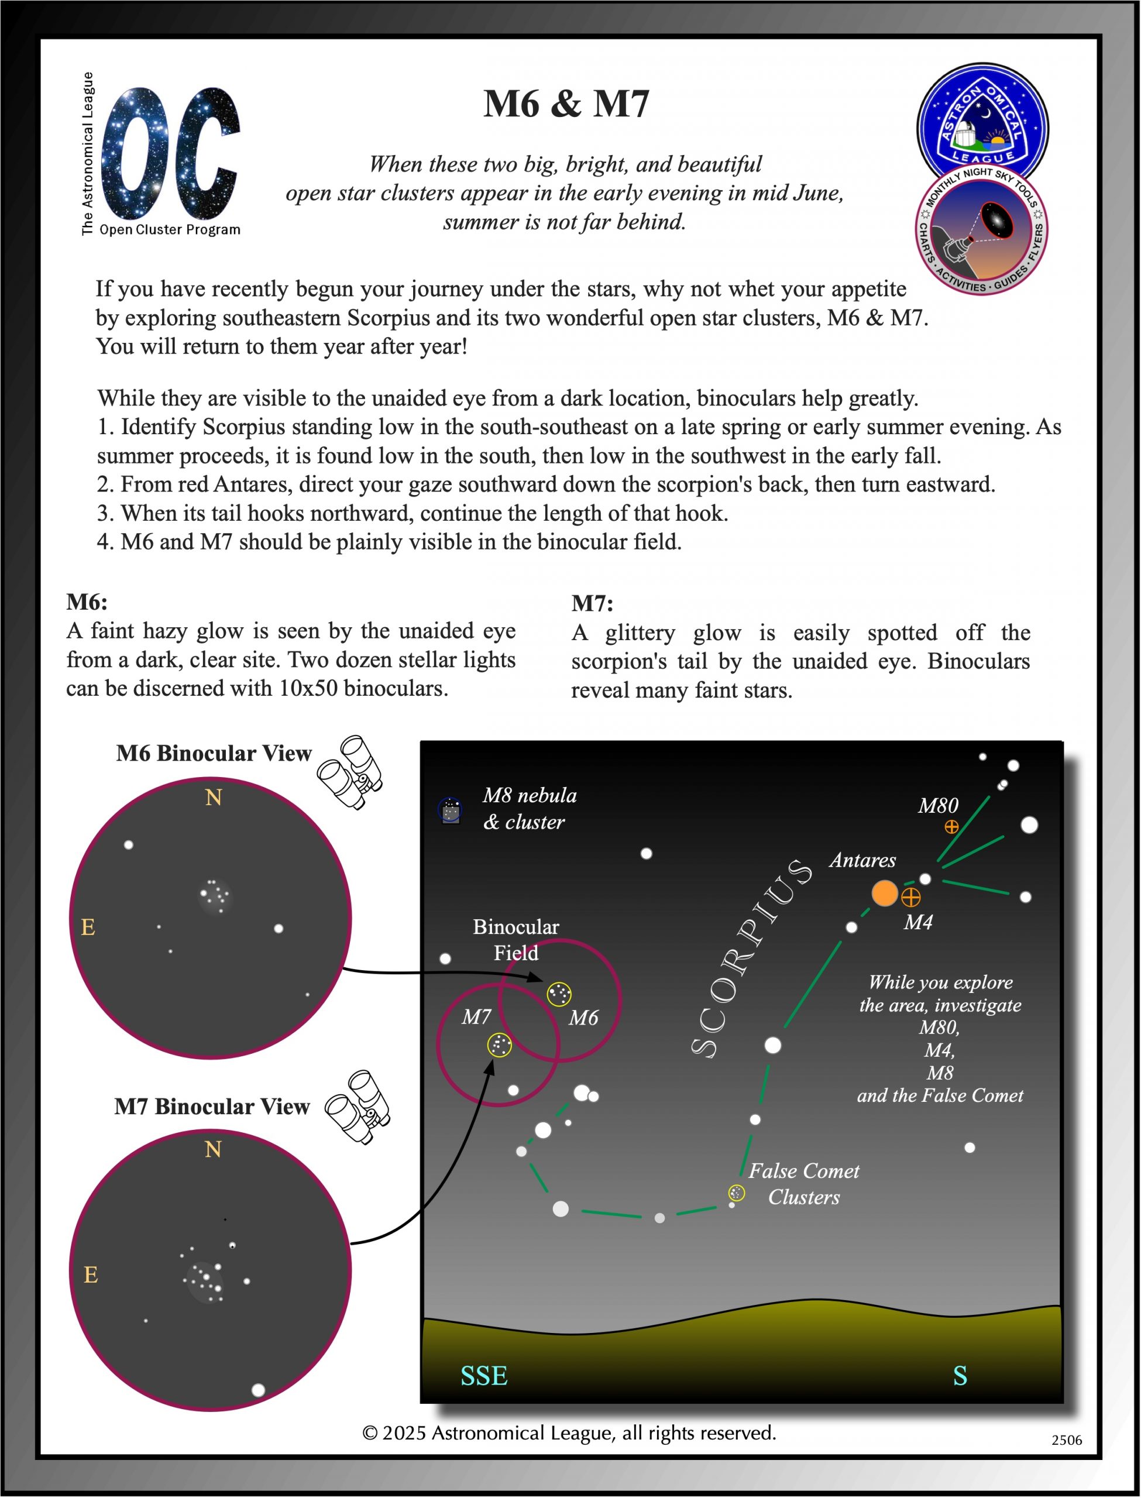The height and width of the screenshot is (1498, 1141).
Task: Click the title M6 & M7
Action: point(566,104)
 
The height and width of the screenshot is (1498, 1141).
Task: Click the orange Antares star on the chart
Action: point(884,893)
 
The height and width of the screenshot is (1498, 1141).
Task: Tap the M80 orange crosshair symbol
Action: point(951,826)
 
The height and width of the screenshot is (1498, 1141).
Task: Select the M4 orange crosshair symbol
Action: point(911,897)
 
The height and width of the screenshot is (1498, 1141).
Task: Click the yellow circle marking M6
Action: point(559,994)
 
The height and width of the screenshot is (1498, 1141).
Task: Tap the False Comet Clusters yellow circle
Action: point(736,1193)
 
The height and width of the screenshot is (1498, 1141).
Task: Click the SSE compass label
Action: point(483,1376)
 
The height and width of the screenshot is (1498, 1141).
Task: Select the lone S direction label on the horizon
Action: point(960,1376)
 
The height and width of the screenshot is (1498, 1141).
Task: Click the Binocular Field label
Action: point(515,940)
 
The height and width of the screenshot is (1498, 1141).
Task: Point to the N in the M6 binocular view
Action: point(213,797)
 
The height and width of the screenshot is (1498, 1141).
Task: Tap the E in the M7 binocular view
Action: point(90,1274)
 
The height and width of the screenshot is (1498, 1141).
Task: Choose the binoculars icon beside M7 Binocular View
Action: point(358,1108)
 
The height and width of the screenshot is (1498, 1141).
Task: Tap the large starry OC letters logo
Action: point(170,153)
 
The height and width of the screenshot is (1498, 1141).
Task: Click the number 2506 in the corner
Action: point(1066,1440)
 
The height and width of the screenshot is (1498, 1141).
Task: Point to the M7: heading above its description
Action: point(592,603)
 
